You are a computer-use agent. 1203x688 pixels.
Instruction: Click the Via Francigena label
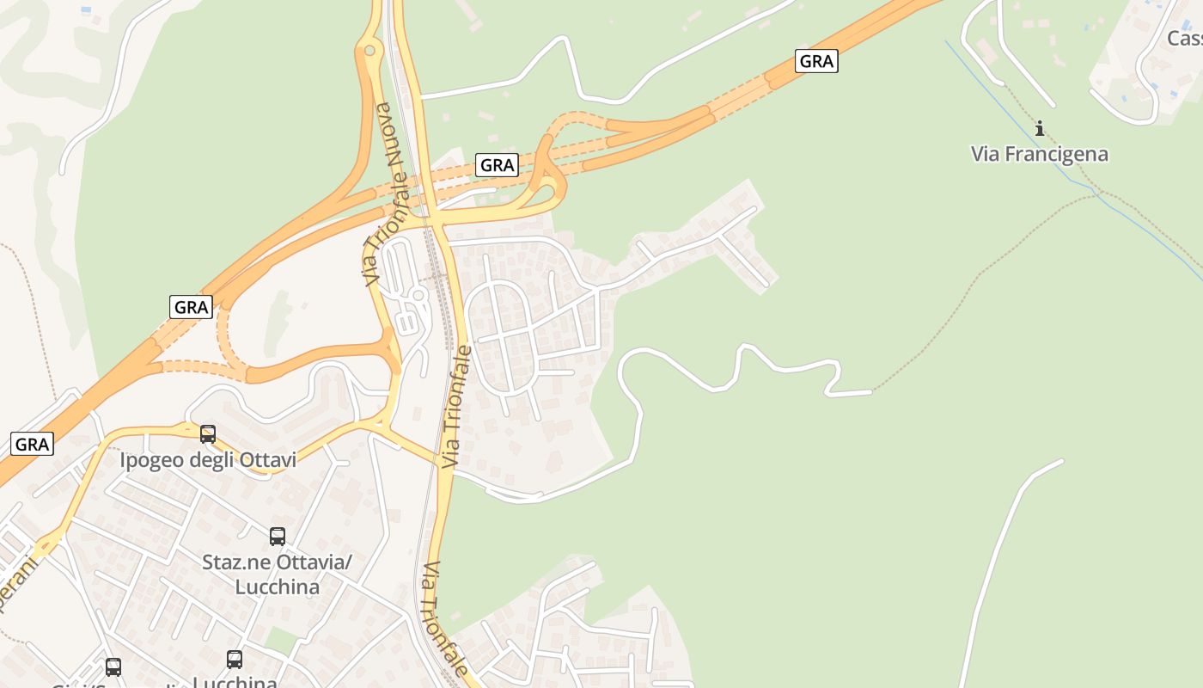tap(1040, 155)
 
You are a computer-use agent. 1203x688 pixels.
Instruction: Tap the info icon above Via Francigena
tap(1040, 129)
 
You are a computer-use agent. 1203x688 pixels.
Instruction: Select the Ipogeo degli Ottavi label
tap(208, 460)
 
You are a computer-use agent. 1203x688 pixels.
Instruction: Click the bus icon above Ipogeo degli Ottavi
tap(208, 434)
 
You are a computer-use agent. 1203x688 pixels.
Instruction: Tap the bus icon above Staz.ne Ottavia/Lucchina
tap(278, 537)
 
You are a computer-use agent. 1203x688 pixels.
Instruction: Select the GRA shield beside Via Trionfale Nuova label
tap(497, 165)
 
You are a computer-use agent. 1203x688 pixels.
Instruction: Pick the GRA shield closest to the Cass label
tap(815, 61)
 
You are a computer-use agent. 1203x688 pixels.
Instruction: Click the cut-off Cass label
tap(1185, 39)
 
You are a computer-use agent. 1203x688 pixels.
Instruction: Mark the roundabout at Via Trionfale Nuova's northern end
tap(370, 50)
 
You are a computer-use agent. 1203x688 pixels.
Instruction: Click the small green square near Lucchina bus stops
tap(278, 639)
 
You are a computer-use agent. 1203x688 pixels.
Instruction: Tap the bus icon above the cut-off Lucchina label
tap(235, 660)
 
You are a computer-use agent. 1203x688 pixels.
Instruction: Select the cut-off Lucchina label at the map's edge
tap(234, 683)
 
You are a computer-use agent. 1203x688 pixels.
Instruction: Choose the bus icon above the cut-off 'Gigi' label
tap(113, 666)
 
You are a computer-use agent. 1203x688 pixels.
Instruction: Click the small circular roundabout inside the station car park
tap(418, 295)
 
